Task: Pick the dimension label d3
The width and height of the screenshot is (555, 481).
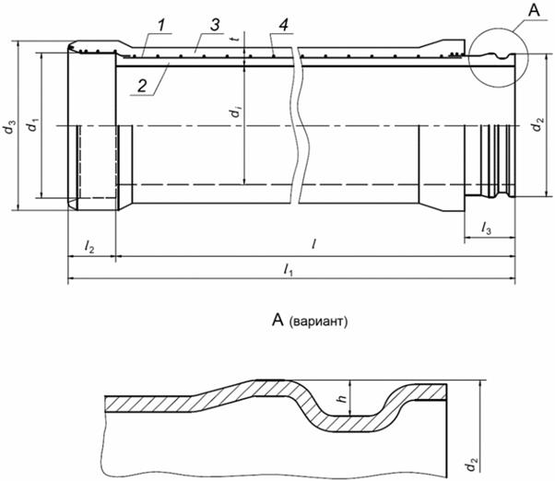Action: (x=10, y=127)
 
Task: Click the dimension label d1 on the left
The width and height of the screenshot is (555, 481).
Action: (x=33, y=125)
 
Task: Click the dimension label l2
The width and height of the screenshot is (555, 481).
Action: (x=89, y=246)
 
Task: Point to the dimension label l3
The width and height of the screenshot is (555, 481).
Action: (x=486, y=228)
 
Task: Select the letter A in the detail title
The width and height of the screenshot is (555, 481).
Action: (x=277, y=321)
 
